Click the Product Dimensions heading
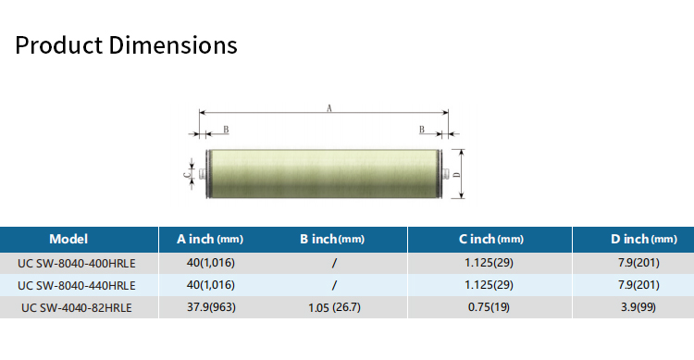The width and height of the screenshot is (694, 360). click(126, 45)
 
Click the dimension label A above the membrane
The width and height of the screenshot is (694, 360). click(328, 108)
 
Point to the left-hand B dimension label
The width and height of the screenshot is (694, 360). click(226, 130)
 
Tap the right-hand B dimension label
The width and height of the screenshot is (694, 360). click(422, 130)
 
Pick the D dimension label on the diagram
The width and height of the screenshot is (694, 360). click(457, 175)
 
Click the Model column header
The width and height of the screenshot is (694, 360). click(68, 239)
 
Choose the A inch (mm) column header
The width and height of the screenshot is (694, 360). click(210, 239)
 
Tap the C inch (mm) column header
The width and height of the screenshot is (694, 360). click(490, 239)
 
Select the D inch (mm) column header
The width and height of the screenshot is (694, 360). click(644, 239)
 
